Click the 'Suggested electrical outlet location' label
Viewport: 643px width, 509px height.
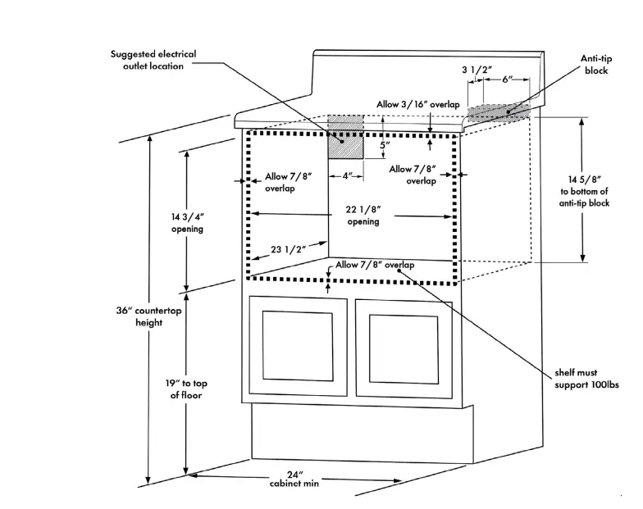(x=153, y=60)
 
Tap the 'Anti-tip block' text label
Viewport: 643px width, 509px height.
(x=596, y=65)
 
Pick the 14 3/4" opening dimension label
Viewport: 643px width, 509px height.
(x=187, y=223)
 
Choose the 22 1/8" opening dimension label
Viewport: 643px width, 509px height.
(x=363, y=216)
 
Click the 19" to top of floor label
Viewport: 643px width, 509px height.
(x=186, y=389)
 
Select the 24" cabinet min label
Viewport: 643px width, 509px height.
(x=295, y=479)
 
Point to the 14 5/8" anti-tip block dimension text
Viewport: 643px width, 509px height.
(x=582, y=191)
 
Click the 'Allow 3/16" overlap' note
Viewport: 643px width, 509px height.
(x=418, y=105)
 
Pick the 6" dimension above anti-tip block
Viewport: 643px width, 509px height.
(x=508, y=80)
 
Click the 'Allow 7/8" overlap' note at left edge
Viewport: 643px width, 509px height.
(x=288, y=182)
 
